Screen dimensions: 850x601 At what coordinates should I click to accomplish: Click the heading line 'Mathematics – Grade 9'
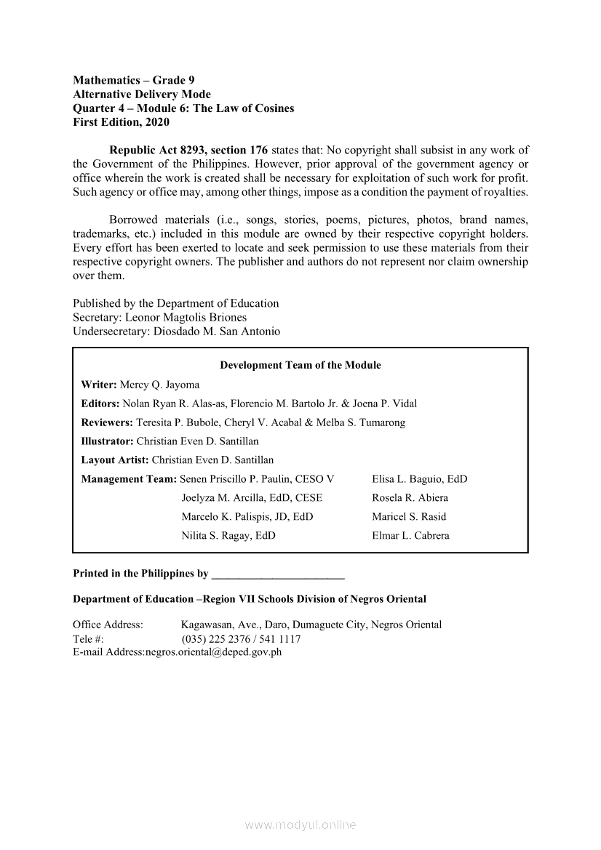[134, 81]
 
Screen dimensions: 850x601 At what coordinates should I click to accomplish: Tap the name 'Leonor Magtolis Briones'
[186, 318]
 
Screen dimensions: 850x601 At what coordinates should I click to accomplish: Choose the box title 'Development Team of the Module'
[300, 365]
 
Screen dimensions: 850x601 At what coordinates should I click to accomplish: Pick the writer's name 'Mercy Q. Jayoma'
[159, 385]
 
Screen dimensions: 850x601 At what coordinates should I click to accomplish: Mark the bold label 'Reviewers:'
[107, 422]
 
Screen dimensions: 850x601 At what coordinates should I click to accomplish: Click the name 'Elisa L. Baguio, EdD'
[419, 479]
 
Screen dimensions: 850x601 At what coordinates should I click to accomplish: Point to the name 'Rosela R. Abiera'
[410, 498]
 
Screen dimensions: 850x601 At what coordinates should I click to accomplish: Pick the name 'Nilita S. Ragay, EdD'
[228, 536]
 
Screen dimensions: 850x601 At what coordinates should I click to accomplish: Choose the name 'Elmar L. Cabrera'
[410, 536]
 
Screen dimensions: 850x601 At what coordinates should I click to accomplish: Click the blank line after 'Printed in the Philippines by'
[277, 574]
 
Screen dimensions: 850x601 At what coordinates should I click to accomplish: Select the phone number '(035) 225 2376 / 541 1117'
[241, 639]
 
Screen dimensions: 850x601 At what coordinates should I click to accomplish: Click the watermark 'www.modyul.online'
[300, 825]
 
